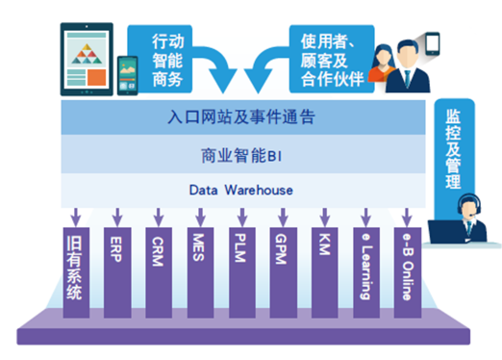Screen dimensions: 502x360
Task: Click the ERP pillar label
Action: (x=116, y=249)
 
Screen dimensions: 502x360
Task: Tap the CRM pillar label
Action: (x=158, y=251)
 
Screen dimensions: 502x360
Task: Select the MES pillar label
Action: (x=198, y=247)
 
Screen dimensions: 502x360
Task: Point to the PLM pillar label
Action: (x=240, y=247)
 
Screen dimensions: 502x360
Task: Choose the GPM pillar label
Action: (x=281, y=249)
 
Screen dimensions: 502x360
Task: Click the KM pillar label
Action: (x=324, y=244)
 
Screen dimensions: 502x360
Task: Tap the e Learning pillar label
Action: (x=366, y=267)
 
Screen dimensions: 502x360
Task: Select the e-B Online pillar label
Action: (x=407, y=267)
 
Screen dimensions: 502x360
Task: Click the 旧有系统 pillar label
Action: (x=74, y=268)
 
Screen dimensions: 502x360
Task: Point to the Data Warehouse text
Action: (x=241, y=190)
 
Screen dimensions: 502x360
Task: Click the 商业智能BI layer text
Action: (x=241, y=156)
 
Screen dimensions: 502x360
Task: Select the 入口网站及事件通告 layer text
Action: (x=241, y=116)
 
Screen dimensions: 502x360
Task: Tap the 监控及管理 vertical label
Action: (x=453, y=149)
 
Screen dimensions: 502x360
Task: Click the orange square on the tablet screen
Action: (x=96, y=77)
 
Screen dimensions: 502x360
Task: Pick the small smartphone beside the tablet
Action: (x=128, y=76)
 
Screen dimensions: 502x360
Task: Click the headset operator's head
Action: (x=469, y=206)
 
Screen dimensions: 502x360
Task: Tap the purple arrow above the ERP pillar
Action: (x=117, y=218)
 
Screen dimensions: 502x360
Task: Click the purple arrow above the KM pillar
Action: (x=325, y=218)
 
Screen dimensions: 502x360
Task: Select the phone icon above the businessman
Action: (x=433, y=43)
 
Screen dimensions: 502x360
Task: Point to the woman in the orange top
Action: (x=383, y=64)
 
